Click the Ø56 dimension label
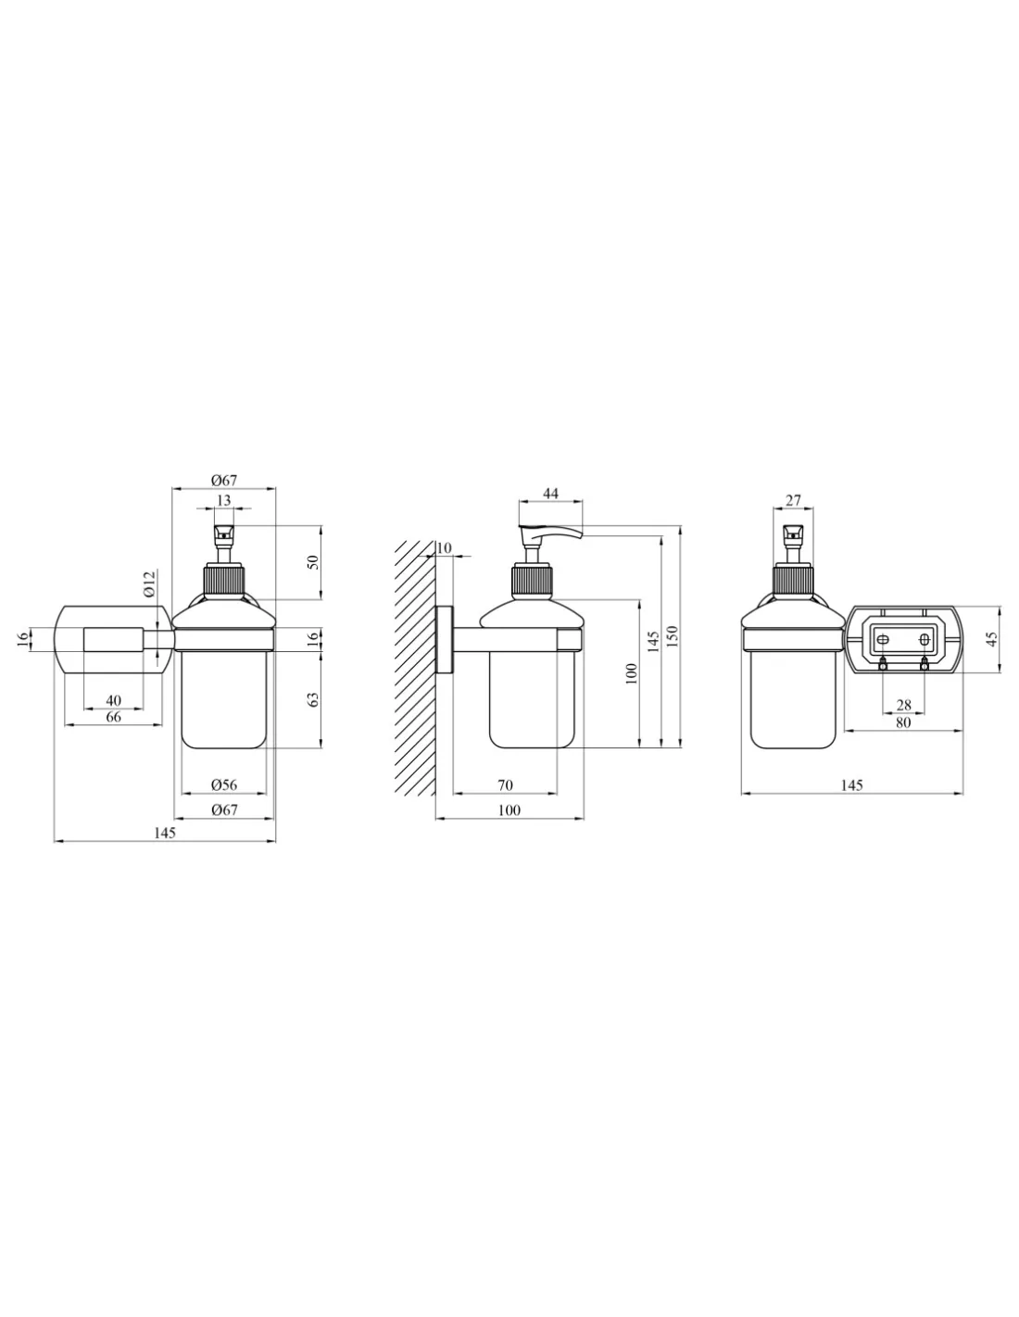pos(223,784)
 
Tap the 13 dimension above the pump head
pos(223,500)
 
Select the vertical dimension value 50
pos(313,562)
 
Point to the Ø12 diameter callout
pos(150,583)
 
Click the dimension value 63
pos(313,699)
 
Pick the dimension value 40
pos(113,700)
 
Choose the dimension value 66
pos(113,717)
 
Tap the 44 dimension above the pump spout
pos(550,494)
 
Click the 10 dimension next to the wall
pos(444,548)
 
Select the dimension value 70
pos(505,785)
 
